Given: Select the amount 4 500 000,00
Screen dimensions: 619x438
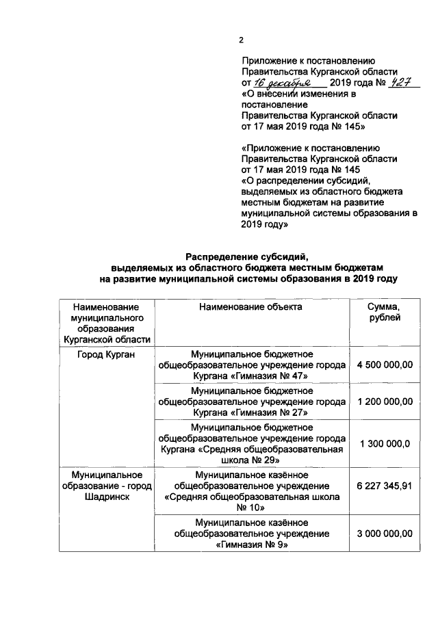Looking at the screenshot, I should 385,365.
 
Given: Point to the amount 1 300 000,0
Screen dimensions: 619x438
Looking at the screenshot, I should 385,443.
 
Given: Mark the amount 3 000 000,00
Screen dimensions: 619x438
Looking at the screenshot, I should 385,533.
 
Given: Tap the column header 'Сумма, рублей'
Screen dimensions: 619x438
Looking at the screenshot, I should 385,313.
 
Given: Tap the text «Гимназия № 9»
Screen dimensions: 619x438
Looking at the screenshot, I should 251,545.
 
